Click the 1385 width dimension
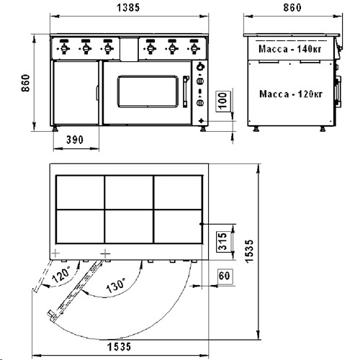click(x=128, y=7)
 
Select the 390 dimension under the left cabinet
click(x=75, y=140)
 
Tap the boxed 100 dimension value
click(x=223, y=102)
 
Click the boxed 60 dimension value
click(x=225, y=276)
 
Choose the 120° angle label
click(x=60, y=275)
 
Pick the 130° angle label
click(x=115, y=286)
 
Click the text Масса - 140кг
click(x=290, y=49)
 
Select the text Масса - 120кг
click(x=291, y=94)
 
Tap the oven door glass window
click(x=148, y=91)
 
